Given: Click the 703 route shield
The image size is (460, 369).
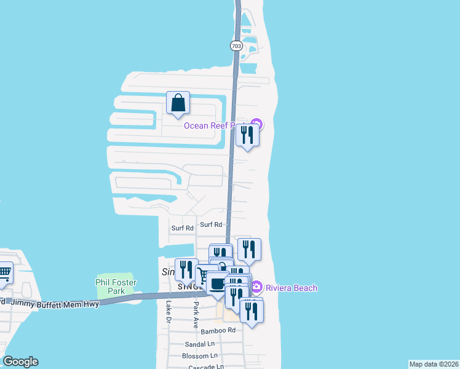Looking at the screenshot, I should [236, 46].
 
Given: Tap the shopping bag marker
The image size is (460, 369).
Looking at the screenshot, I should [178, 103].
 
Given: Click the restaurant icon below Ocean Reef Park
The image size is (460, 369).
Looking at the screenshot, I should [247, 135].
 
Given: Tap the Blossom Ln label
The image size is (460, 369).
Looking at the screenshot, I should [200, 355].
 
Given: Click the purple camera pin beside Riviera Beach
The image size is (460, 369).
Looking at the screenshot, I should [257, 287].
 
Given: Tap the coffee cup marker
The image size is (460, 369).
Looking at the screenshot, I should [217, 284].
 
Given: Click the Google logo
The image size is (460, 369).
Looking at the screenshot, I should [20, 362].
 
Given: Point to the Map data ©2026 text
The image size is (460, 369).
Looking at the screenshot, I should [434, 364].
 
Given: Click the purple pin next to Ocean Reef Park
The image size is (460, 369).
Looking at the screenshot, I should [256, 124].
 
